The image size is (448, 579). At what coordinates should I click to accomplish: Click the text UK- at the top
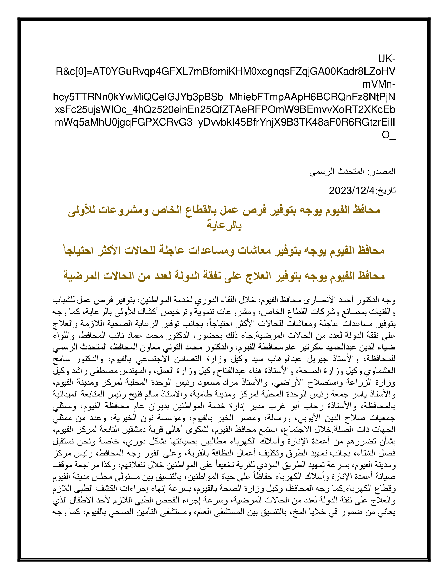click(386, 59)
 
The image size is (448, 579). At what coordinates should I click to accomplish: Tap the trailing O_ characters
click(388, 135)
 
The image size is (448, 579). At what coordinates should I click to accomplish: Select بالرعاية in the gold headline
click(224, 225)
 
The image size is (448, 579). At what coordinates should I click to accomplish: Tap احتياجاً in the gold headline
click(79, 250)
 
